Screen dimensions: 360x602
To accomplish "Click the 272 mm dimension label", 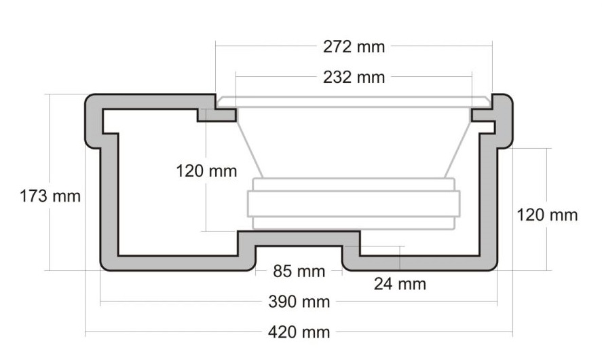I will [x=353, y=47].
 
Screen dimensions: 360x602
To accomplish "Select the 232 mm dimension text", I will [x=353, y=77].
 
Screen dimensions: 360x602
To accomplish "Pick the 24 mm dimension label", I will [x=400, y=284].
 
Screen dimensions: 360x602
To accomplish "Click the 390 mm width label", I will [x=299, y=302].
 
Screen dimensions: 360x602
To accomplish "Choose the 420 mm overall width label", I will [x=299, y=332].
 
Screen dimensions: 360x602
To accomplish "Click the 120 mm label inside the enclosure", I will [x=207, y=170].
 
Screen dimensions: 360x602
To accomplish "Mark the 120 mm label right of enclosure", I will [x=547, y=215].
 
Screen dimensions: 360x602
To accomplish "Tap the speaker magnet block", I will [x=353, y=204].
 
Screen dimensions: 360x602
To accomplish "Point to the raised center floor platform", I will [x=299, y=238].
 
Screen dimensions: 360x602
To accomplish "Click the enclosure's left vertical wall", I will [x=110, y=197].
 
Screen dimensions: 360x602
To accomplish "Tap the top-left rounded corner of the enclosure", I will [x=94, y=104].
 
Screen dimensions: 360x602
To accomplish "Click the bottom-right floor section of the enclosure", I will [x=421, y=262].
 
